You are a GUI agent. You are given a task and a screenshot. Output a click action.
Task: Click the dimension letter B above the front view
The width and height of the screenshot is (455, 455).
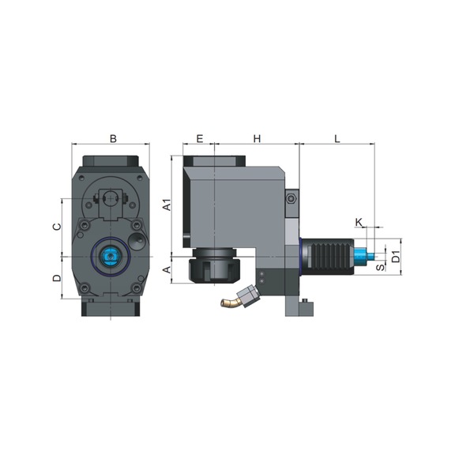tap(113, 139)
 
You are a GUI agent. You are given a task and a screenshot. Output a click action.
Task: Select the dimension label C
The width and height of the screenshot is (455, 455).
tap(56, 226)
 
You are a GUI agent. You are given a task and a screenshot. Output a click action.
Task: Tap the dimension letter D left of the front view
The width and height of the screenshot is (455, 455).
tap(56, 278)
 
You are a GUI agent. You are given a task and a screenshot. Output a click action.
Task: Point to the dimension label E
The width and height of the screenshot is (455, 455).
tap(199, 139)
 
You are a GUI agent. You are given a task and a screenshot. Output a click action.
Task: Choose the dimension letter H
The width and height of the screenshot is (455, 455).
tap(257, 139)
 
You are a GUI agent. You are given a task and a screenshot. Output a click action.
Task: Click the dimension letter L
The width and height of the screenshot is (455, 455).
tap(337, 139)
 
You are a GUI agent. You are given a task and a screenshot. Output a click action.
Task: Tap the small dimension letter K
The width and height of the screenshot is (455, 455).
tap(359, 223)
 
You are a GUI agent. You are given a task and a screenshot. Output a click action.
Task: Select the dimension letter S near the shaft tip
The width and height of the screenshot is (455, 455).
tap(380, 267)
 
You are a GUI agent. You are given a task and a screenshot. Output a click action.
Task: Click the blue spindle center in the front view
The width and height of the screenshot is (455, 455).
tap(110, 256)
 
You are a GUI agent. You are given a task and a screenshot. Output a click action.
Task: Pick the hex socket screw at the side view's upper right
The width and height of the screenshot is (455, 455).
tap(291, 200)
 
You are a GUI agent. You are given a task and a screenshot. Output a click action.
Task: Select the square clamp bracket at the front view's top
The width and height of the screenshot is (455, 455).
tap(110, 197)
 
